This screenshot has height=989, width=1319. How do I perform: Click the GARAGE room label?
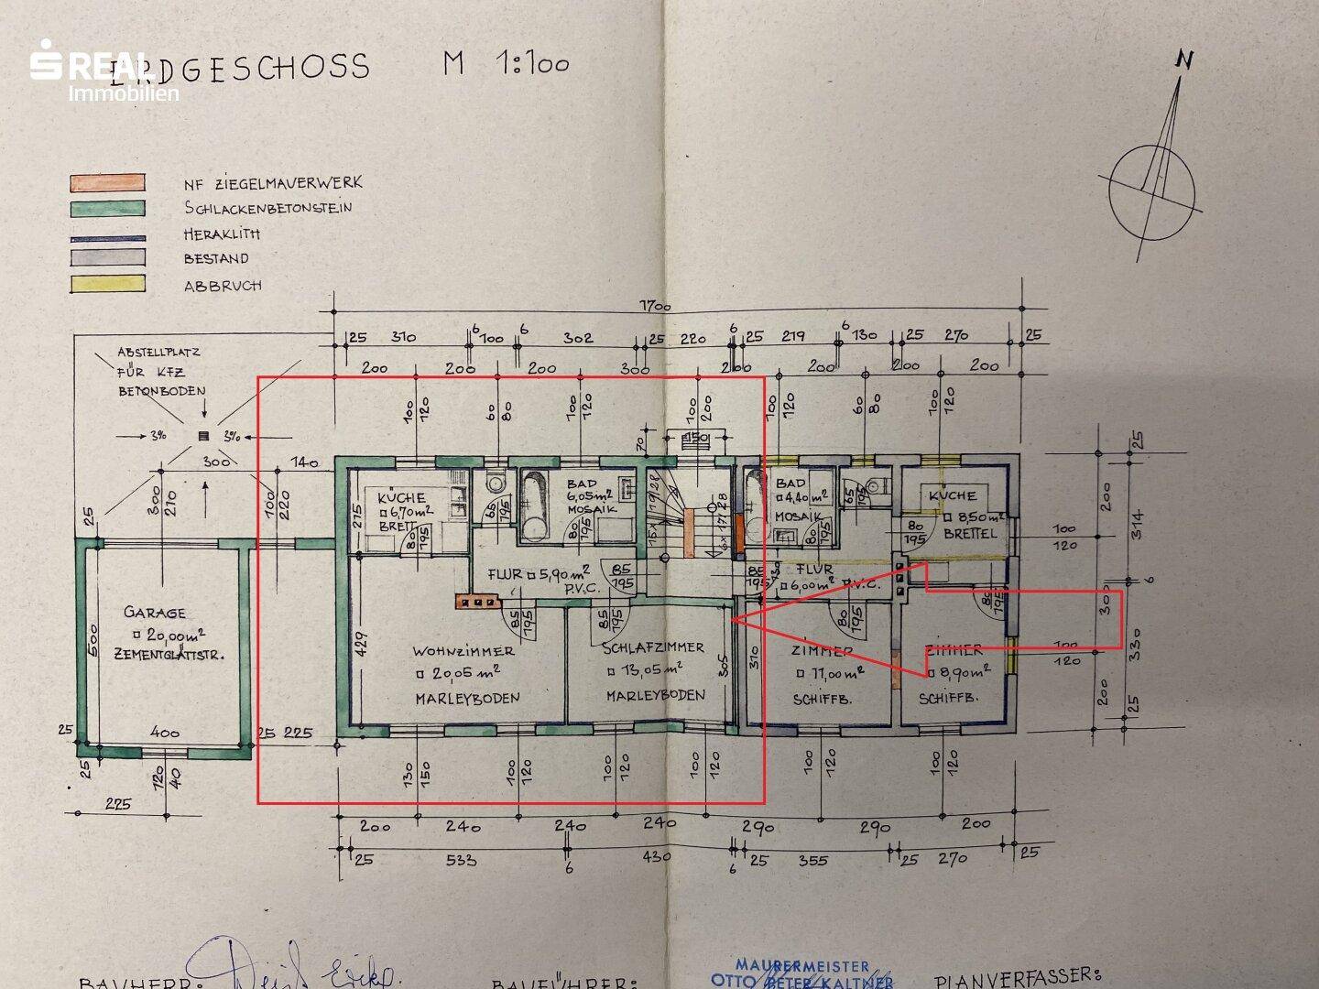155,613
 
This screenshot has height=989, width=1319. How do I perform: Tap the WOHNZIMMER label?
463,651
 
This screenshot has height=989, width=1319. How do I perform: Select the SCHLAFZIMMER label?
653,647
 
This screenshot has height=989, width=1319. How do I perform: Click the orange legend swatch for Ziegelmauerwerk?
107,182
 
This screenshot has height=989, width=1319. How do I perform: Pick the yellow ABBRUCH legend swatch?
107,284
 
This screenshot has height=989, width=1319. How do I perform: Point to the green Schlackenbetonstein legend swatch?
107,209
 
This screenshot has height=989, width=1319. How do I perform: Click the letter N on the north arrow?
1185,60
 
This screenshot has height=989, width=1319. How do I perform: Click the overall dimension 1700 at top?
655,307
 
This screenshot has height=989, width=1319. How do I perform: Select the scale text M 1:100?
506,63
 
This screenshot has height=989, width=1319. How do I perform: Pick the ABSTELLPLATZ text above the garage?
158,352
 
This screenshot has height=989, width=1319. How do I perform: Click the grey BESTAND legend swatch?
107,258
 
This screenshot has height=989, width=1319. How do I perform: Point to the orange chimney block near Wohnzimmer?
475,602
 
